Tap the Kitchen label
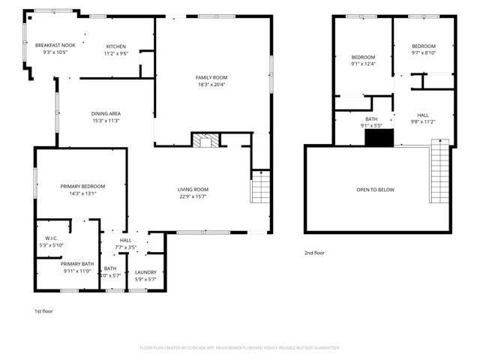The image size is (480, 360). [115, 46]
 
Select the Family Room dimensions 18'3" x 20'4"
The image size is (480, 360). [211, 85]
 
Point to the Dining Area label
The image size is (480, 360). [106, 114]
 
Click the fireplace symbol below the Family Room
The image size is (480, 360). [204, 140]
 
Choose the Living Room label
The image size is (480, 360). [193, 190]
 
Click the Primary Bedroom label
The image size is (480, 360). [82, 186]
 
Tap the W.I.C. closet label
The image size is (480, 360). [52, 239]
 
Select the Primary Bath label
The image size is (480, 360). [76, 263]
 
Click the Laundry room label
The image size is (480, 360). [145, 272]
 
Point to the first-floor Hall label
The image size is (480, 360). [125, 240]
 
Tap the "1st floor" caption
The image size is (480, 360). [43, 310]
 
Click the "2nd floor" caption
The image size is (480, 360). [315, 253]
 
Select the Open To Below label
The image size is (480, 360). [375, 190]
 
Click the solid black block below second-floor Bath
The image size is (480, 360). [378, 137]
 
